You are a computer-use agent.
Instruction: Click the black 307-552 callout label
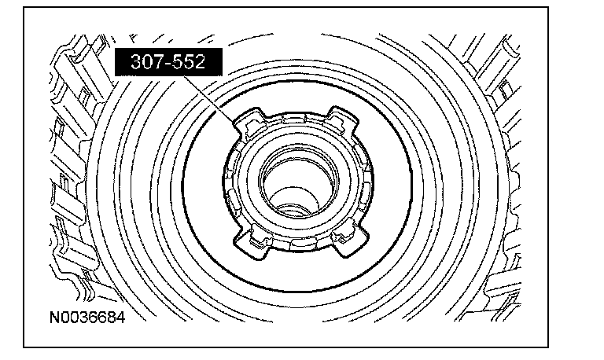(169, 61)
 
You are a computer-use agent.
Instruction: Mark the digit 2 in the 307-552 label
(201, 61)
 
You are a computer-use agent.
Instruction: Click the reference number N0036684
(87, 318)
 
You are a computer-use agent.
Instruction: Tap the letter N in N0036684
(55, 318)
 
